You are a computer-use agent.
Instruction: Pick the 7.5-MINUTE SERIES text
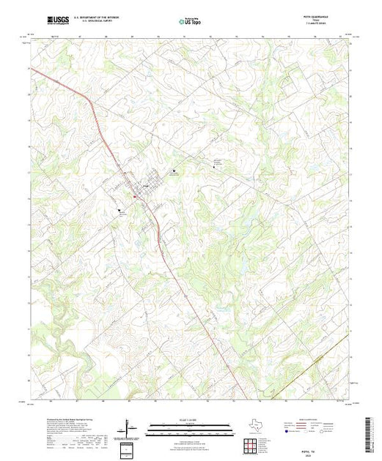pyautogui.click(x=323, y=24)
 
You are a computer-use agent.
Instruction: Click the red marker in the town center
pyautogui.click(x=135, y=195)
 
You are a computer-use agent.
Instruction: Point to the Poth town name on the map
pyautogui.click(x=144, y=185)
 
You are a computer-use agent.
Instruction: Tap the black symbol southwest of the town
pyautogui.click(x=118, y=210)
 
